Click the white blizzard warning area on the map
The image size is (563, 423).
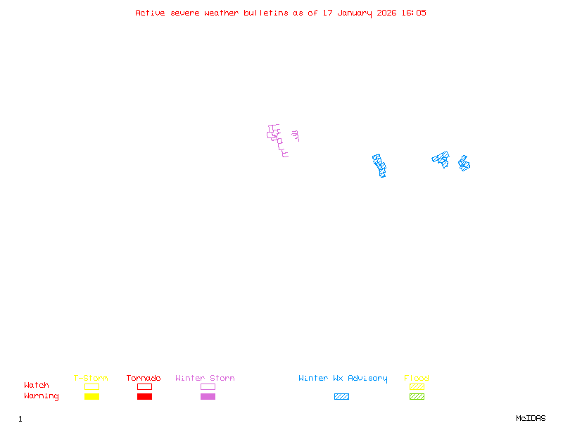pos(289,139)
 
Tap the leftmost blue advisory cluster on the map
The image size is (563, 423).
pos(379,165)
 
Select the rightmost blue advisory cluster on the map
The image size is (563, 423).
pos(464,164)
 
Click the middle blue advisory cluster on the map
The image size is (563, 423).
pos(441,159)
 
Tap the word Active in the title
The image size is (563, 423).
pos(151,13)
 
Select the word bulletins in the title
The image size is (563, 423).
pos(266,13)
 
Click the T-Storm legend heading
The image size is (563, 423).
pos(91,379)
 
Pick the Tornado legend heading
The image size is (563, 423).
pos(144,379)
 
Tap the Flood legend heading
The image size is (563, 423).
pos(417,379)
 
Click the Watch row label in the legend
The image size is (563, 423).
pos(37,386)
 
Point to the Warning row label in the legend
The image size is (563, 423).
pos(41,396)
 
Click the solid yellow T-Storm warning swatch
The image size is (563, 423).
pos(91,397)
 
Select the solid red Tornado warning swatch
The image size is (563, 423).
pos(144,397)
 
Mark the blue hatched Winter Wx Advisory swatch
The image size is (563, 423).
pos(341,397)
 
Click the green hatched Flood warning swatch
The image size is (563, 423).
pos(417,397)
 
